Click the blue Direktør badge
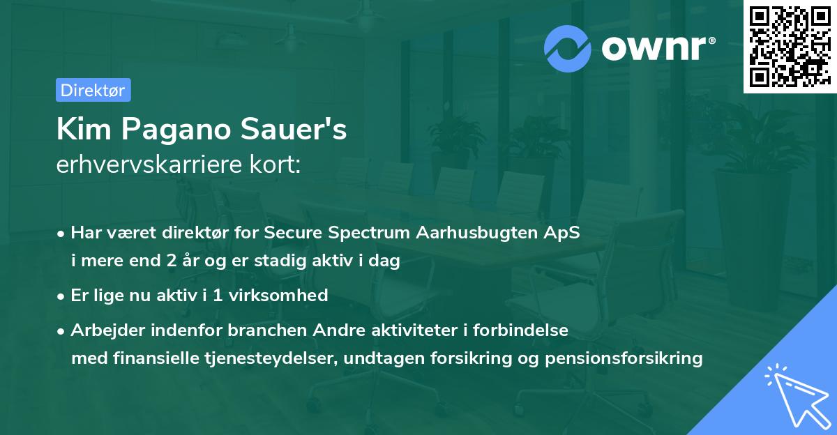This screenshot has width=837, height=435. tap(93, 90)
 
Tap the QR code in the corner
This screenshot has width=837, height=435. tap(790, 47)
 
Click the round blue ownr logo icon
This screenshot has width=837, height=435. tap(567, 49)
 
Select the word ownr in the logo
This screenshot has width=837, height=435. tap(654, 48)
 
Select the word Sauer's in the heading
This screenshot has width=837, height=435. tap(294, 129)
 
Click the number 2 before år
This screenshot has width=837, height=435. tap(172, 261)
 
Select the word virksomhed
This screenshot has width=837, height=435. tap(278, 296)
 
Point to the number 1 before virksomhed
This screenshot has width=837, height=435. tap(218, 296)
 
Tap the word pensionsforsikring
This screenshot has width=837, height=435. tap(624, 359)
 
